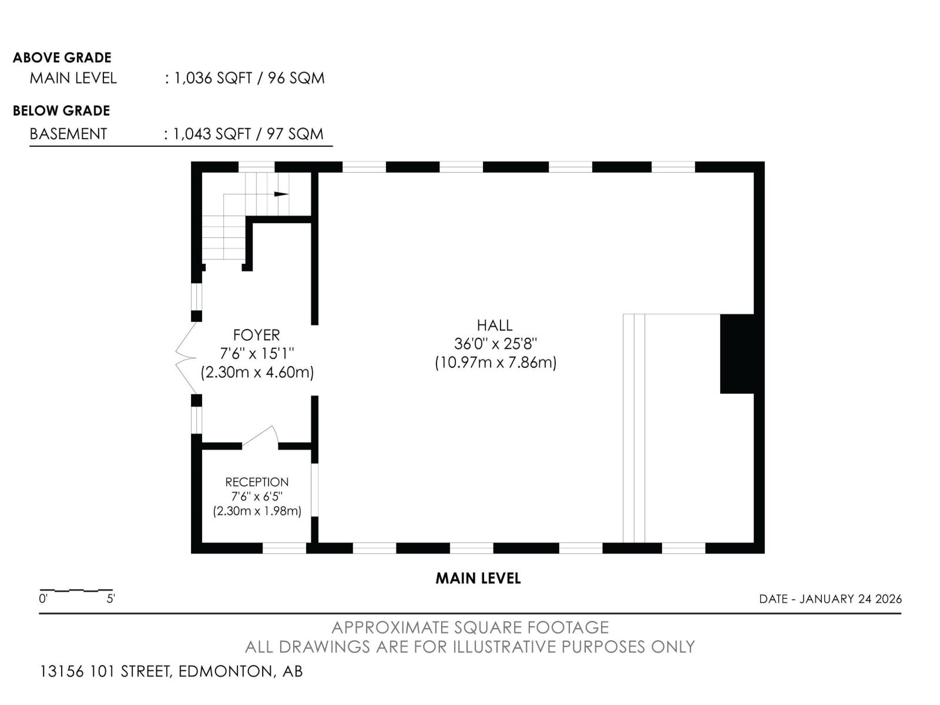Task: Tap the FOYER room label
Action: coord(256,335)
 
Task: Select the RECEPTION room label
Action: coord(257,482)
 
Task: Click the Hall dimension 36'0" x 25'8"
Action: coord(495,344)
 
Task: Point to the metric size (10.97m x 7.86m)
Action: coord(495,363)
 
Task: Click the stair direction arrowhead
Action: coord(281,194)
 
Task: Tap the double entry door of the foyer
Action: coord(186,358)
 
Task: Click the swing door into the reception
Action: coord(260,437)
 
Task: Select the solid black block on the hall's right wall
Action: coord(737,354)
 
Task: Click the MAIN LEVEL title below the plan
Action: coord(478,578)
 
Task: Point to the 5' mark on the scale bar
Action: coord(110,599)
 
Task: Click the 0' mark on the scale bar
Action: coord(43,599)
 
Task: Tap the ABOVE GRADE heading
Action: coord(62,58)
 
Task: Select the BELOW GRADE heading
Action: coord(61,111)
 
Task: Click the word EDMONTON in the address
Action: coord(225,671)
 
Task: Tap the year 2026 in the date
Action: coord(889,599)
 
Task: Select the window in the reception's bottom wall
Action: coord(284,548)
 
